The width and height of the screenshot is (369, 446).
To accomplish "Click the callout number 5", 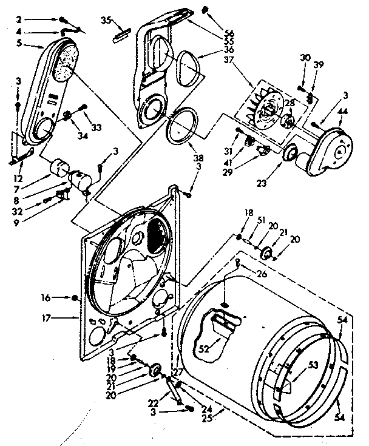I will tap(19, 43).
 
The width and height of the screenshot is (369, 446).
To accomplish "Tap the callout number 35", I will tap(106, 20).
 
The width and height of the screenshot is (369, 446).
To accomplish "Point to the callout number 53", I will tap(313, 366).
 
